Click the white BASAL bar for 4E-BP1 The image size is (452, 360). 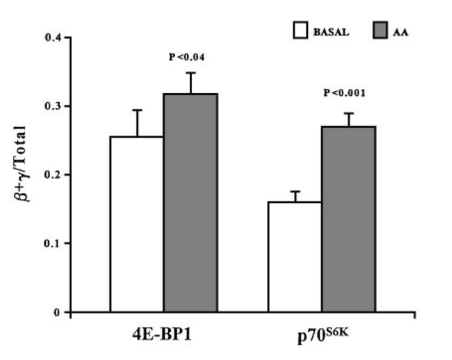click(x=137, y=224)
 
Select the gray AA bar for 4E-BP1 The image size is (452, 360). click(x=191, y=203)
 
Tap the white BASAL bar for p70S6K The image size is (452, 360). click(x=295, y=257)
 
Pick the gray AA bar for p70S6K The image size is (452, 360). click(x=349, y=219)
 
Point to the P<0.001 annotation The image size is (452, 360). click(x=345, y=92)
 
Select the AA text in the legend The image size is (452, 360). click(x=404, y=31)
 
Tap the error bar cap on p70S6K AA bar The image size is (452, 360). click(x=349, y=113)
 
